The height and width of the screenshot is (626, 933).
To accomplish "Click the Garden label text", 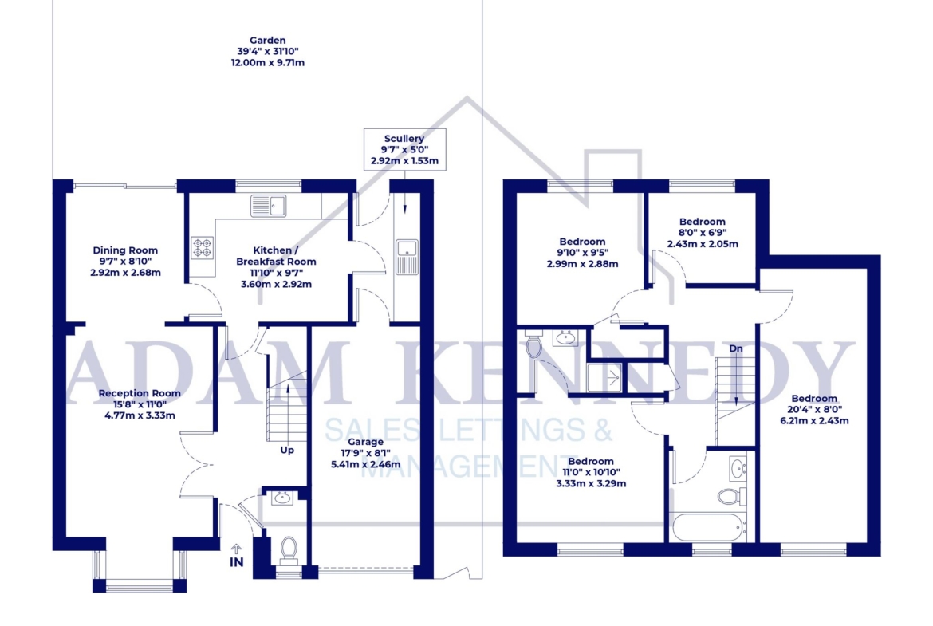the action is pyautogui.click(x=268, y=41).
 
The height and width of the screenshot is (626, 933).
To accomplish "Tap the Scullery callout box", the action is pyautogui.click(x=404, y=149).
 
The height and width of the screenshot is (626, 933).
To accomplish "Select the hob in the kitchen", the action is pyautogui.click(x=203, y=247).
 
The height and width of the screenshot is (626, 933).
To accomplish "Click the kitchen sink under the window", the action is pyautogui.click(x=269, y=206).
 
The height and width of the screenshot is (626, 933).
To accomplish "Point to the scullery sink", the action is pyautogui.click(x=407, y=257).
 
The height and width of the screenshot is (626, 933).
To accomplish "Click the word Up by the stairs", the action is pyautogui.click(x=287, y=450).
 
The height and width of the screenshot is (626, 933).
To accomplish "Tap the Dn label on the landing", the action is pyautogui.click(x=736, y=348).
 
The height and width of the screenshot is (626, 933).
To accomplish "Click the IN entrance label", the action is pyautogui.click(x=237, y=561).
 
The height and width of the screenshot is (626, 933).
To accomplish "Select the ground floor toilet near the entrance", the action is pyautogui.click(x=289, y=550).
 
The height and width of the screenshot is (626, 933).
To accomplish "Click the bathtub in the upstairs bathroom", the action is pyautogui.click(x=708, y=527).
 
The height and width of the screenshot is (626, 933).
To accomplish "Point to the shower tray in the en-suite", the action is pyautogui.click(x=604, y=377).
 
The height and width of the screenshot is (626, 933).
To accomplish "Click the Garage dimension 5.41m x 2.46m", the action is pyautogui.click(x=366, y=464).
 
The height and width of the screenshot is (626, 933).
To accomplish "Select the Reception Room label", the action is pyautogui.click(x=140, y=392).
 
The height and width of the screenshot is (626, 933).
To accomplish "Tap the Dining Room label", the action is pyautogui.click(x=125, y=250).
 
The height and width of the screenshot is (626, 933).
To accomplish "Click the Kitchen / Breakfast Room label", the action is pyautogui.click(x=276, y=256).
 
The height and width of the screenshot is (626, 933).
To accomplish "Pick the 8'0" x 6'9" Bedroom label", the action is pyautogui.click(x=703, y=233).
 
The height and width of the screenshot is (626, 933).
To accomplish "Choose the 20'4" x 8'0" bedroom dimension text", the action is pyautogui.click(x=815, y=409).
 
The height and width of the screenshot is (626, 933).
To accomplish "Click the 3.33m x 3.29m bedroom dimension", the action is pyautogui.click(x=591, y=484).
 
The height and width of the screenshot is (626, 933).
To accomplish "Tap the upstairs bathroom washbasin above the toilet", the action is pyautogui.click(x=738, y=469).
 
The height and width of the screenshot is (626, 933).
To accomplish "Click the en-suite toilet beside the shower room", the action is pyautogui.click(x=533, y=346).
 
